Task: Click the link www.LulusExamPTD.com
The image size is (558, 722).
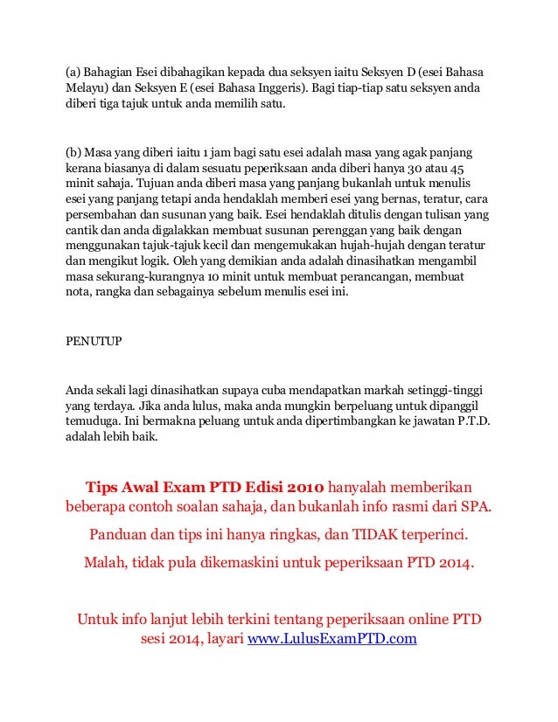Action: (332, 638)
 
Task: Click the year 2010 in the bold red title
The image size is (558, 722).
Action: (303, 486)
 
